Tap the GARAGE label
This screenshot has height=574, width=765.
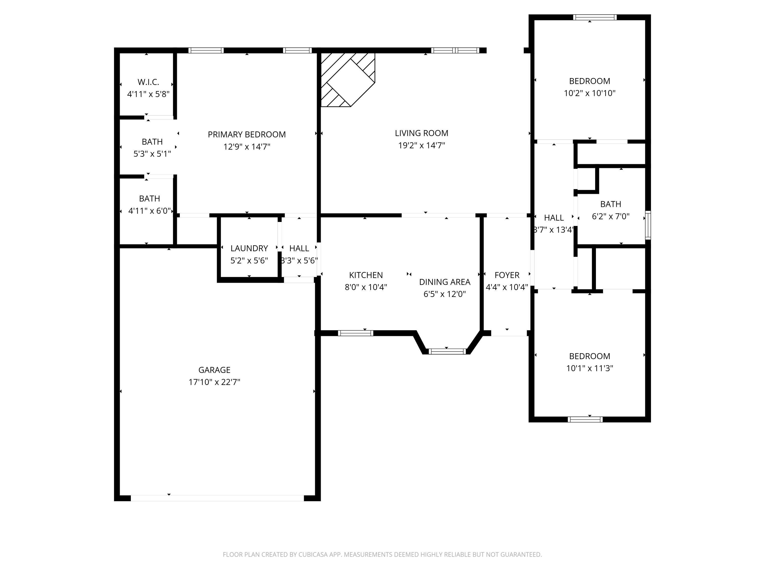pos(214,370)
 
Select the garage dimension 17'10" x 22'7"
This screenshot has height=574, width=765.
pos(214,382)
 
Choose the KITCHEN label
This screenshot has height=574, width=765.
pos(366,275)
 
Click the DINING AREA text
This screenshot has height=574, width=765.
pos(444,282)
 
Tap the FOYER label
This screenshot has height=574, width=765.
pos(507,275)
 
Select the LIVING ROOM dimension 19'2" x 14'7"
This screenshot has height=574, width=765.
pos(421,145)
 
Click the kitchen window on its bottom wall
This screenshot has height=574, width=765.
pos(355,333)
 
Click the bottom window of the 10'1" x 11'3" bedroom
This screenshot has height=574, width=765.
pos(585,419)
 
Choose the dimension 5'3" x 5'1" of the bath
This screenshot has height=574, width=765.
pos(152,154)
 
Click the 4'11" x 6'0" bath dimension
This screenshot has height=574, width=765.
pos(149,211)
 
